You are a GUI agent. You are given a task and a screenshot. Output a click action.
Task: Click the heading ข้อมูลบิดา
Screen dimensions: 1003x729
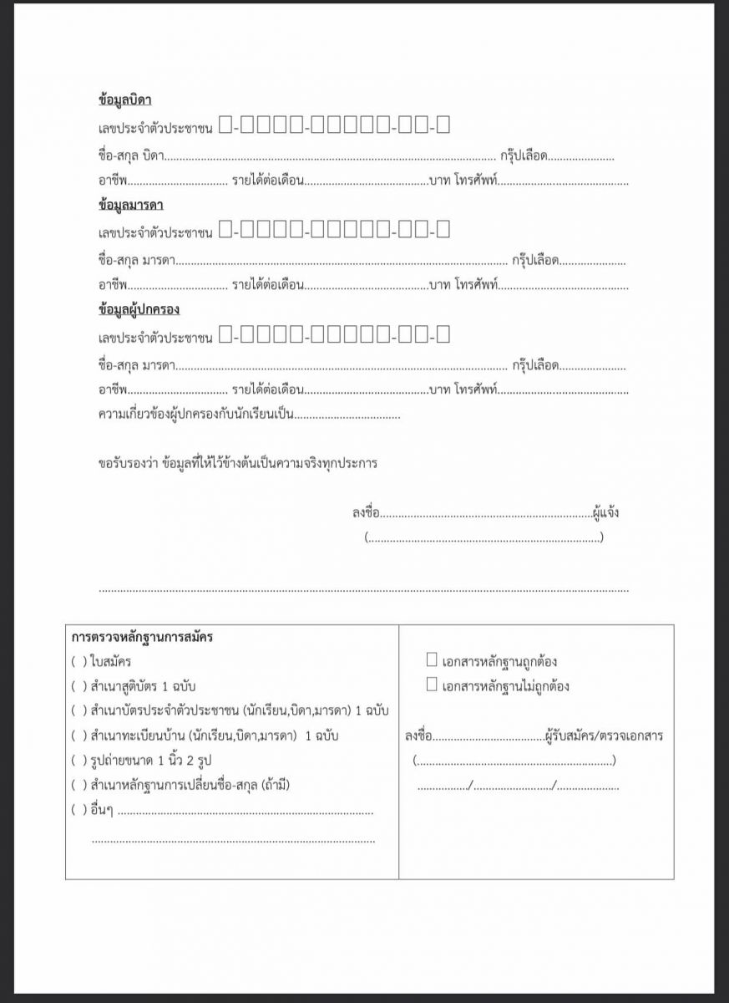click(x=124, y=100)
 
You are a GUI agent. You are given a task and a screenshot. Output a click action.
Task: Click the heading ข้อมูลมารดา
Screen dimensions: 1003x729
click(x=130, y=205)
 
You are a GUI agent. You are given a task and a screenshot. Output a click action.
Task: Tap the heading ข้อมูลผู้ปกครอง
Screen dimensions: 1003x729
click(x=139, y=309)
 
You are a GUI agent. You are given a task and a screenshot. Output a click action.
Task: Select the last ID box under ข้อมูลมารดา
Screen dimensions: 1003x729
click(x=443, y=230)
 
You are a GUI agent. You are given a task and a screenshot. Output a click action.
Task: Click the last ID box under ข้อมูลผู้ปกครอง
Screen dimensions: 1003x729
click(x=443, y=335)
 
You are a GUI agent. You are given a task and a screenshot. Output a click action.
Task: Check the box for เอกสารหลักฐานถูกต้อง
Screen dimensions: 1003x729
click(x=432, y=660)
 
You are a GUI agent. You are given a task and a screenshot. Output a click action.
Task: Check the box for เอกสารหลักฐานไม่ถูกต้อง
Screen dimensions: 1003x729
click(x=432, y=685)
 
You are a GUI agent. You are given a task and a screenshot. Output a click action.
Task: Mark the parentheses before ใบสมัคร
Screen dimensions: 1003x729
click(x=79, y=662)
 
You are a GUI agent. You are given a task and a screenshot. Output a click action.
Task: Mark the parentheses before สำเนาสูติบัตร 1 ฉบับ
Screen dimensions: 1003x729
click(x=79, y=686)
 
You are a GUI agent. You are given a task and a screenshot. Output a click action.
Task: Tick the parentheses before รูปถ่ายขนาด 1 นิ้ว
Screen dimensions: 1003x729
click(x=79, y=761)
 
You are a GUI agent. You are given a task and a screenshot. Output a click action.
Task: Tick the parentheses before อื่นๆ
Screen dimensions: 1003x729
click(x=79, y=809)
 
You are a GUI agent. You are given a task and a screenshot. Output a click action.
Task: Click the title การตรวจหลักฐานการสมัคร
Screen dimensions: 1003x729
click(x=142, y=637)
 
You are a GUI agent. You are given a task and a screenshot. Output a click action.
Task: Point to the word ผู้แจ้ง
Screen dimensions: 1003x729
click(x=605, y=512)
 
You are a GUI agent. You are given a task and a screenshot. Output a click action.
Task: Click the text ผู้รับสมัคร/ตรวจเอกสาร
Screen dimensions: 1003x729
click(x=603, y=736)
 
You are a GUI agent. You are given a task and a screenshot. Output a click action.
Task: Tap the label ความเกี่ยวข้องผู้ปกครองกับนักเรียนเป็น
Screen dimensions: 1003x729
click(x=195, y=415)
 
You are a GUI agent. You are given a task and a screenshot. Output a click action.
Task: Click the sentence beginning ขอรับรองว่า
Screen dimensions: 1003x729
click(x=237, y=463)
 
